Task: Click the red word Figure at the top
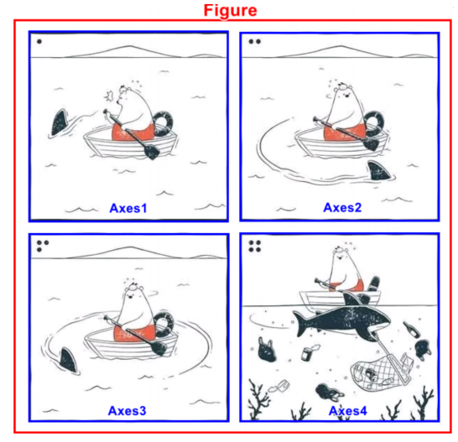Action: click(x=230, y=11)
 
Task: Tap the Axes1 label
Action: click(x=128, y=208)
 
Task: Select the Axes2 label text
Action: click(x=342, y=208)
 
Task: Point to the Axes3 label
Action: click(x=127, y=411)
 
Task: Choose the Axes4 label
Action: click(x=347, y=411)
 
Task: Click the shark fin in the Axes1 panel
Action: click(x=60, y=122)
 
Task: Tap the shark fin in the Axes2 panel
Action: click(x=378, y=170)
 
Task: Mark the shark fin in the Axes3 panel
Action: click(x=68, y=360)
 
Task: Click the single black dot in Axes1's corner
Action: click(x=39, y=41)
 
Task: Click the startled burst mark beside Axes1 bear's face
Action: click(x=110, y=96)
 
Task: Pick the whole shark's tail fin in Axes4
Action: click(x=300, y=324)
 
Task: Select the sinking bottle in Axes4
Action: click(x=411, y=329)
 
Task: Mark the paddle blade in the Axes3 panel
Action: click(x=159, y=348)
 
